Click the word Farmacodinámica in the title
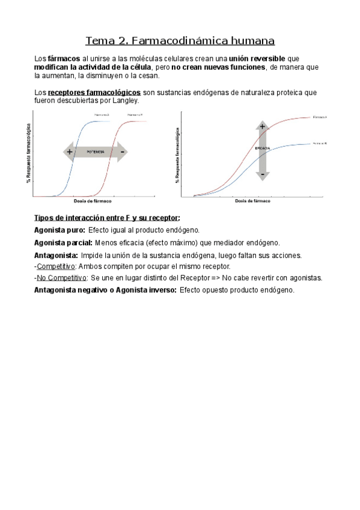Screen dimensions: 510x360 [x=176, y=41]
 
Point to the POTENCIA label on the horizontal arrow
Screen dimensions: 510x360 [x=96, y=152]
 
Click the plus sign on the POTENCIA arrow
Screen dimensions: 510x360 [x=70, y=152]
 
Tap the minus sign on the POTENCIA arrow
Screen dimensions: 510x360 [x=122, y=152]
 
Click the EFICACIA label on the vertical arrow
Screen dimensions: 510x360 [x=263, y=148]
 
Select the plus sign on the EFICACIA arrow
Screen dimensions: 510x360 [x=262, y=126]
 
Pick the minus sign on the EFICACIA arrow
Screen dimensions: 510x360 [x=262, y=174]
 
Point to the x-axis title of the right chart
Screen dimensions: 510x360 [x=252, y=201]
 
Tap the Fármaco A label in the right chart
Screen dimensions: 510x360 [x=320, y=117]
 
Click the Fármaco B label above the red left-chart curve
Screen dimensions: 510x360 [x=134, y=114]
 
